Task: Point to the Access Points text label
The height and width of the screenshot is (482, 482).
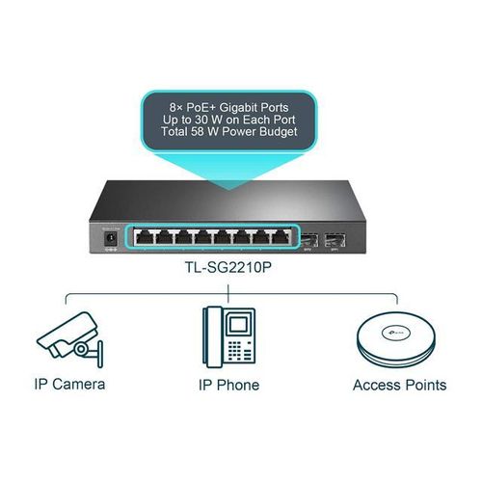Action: pyautogui.click(x=399, y=385)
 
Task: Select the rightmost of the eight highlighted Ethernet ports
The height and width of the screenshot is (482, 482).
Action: pyautogui.click(x=281, y=237)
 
